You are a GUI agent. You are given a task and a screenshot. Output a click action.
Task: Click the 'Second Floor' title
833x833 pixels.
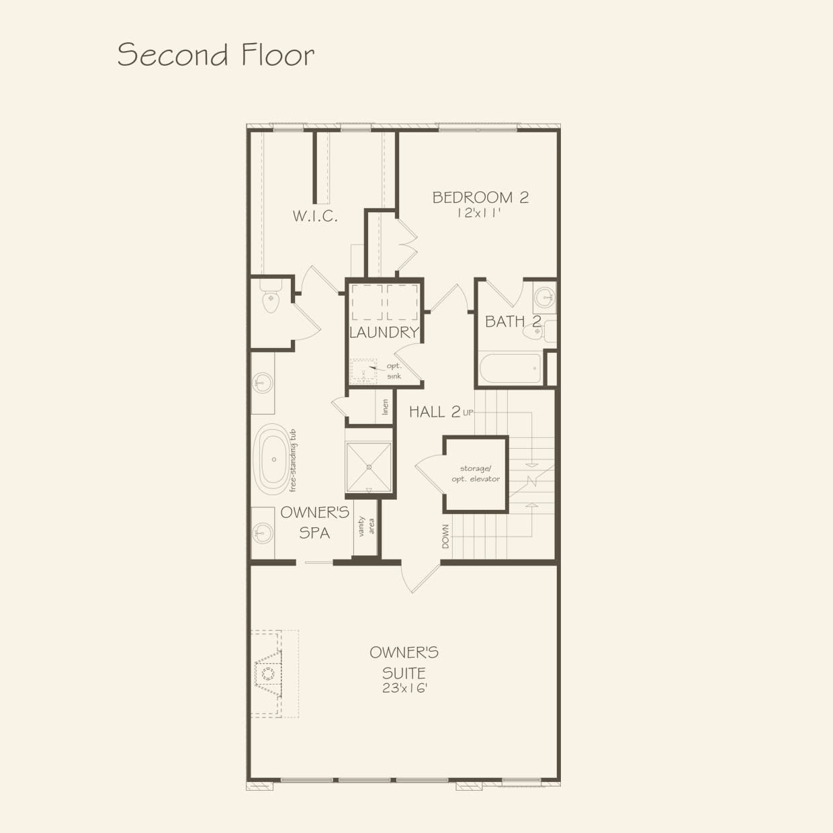tap(216, 54)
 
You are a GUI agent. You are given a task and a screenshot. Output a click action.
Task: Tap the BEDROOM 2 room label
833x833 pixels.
tap(480, 198)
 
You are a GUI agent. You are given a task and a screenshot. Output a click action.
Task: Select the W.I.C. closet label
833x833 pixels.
tap(314, 216)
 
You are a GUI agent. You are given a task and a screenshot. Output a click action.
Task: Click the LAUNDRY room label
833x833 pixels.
tap(384, 332)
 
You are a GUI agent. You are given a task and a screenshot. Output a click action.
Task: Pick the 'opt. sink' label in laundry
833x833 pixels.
tap(394, 371)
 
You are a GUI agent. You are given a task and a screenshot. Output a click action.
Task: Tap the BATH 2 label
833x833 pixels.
tap(513, 322)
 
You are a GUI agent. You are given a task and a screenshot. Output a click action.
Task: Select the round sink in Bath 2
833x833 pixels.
tap(545, 295)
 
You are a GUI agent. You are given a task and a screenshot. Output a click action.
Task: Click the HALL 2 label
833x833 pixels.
tap(435, 412)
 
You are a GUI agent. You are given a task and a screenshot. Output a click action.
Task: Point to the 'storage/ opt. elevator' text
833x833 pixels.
tap(479, 474)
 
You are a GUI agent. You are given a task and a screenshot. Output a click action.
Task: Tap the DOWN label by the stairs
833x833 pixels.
tap(445, 536)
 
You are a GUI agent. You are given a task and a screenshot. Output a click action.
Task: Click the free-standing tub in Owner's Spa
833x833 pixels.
tap(273, 460)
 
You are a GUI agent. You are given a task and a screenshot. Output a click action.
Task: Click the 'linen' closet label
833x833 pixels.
tap(385, 407)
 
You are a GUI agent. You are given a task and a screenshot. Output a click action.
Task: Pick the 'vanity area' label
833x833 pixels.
tap(366, 526)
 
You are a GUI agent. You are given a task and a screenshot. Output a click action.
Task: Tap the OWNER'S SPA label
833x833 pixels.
tap(314, 523)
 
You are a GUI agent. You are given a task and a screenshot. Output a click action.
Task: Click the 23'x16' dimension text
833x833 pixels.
tap(404, 688)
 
